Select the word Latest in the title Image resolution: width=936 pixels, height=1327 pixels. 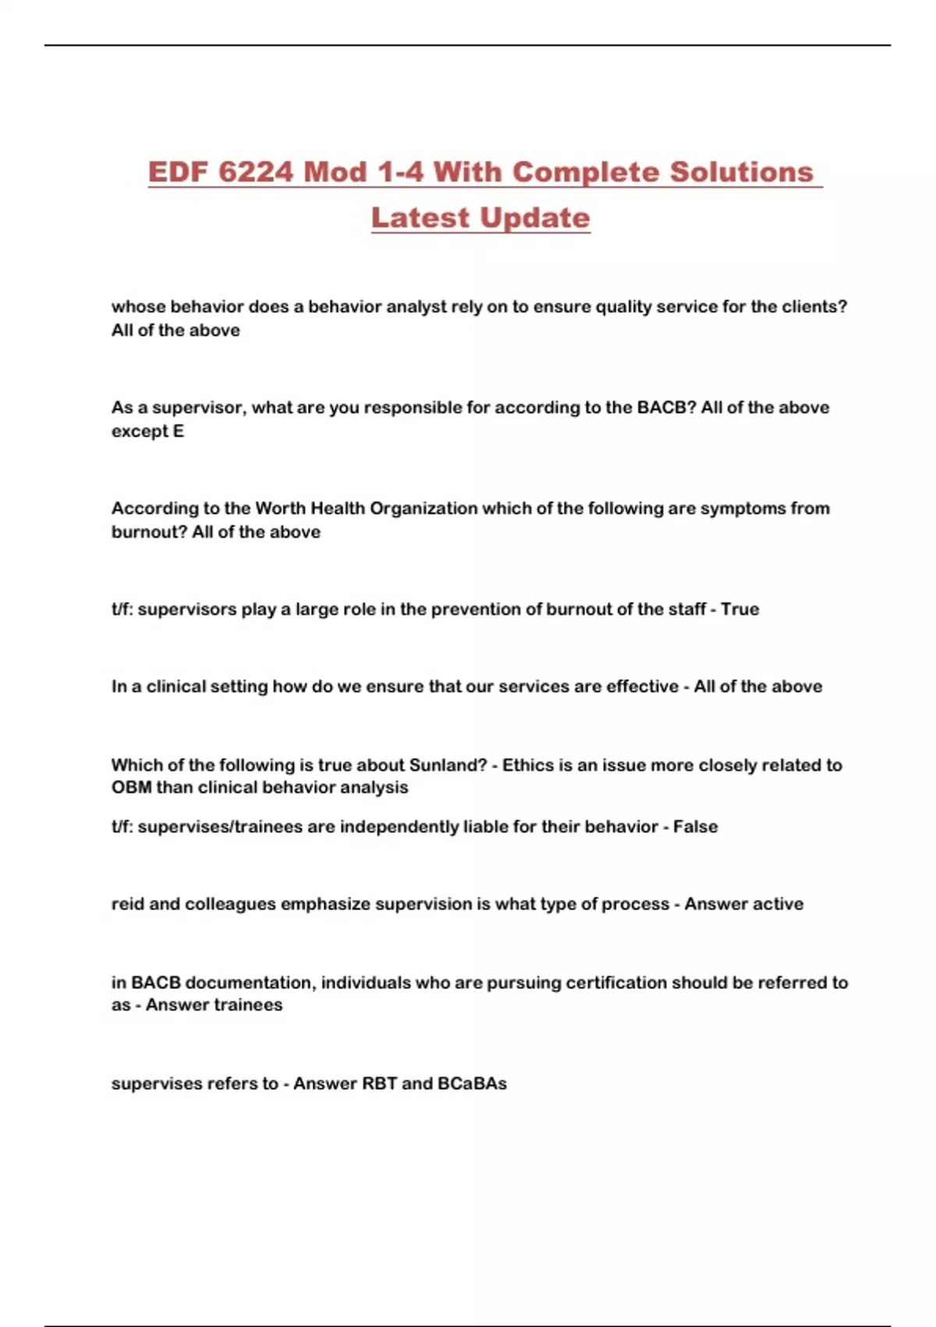(419, 218)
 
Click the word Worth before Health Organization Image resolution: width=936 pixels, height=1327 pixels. (281, 508)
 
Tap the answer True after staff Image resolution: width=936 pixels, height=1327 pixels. (739, 609)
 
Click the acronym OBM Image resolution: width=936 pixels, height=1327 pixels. (131, 788)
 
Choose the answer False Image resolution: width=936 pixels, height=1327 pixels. (695, 827)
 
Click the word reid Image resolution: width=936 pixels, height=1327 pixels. (127, 904)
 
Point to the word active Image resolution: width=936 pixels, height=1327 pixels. (778, 904)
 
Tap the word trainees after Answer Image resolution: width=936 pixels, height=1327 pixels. (247, 1005)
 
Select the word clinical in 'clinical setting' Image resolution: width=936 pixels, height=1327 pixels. (176, 687)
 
